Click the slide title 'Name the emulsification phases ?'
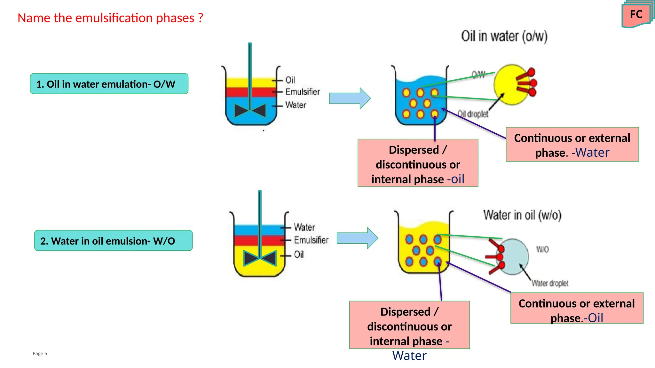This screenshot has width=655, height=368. pos(110,18)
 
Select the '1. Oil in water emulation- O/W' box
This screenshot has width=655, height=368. pos(109,84)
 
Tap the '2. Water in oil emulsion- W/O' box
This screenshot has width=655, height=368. pos(113,240)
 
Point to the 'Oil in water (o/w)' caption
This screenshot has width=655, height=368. pos(504,36)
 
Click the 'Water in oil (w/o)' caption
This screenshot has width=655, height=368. pos(522,215)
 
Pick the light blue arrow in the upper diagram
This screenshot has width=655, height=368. pos(350,98)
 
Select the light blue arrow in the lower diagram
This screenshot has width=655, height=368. pos(358,238)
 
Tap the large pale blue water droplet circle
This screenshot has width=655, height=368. pos(513,256)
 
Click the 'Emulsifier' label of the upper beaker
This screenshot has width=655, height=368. pos(302,92)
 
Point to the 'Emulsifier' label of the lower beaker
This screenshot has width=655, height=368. pos(311,240)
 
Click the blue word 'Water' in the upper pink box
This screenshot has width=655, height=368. pos(592,153)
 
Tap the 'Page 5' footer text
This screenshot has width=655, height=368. pos(40,353)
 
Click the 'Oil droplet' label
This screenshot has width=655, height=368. pos(473,114)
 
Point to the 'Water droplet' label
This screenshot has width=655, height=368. pos(550,283)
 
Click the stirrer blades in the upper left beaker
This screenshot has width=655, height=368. pos(250,111)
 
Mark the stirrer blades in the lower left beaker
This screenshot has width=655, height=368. pos(260,258)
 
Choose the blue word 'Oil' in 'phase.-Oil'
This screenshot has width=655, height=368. pos(596,318)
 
